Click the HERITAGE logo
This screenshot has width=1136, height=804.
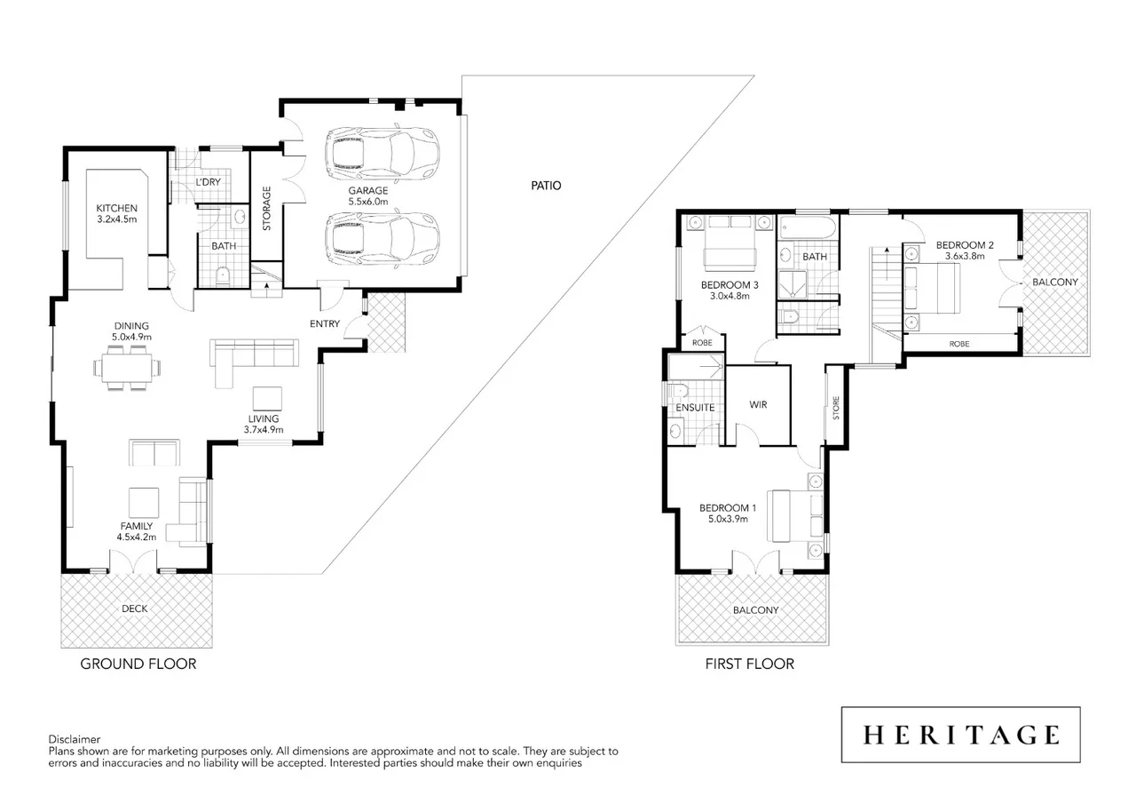tap(960, 735)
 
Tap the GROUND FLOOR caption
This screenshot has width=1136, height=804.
tap(138, 664)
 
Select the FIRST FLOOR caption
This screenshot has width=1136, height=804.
tap(749, 664)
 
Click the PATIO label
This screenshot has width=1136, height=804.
tap(547, 186)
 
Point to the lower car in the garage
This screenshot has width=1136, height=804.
tap(383, 238)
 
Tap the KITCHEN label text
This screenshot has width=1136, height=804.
tap(116, 209)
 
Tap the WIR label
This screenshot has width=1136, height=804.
tap(757, 405)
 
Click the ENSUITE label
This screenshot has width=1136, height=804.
tap(695, 408)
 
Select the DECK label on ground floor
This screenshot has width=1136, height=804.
tap(135, 609)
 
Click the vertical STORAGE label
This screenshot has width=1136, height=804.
tap(266, 209)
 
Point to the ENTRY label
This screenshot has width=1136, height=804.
tap(324, 324)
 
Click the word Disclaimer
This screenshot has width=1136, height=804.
tap(75, 739)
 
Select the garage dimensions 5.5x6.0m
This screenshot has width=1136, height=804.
tap(367, 203)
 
